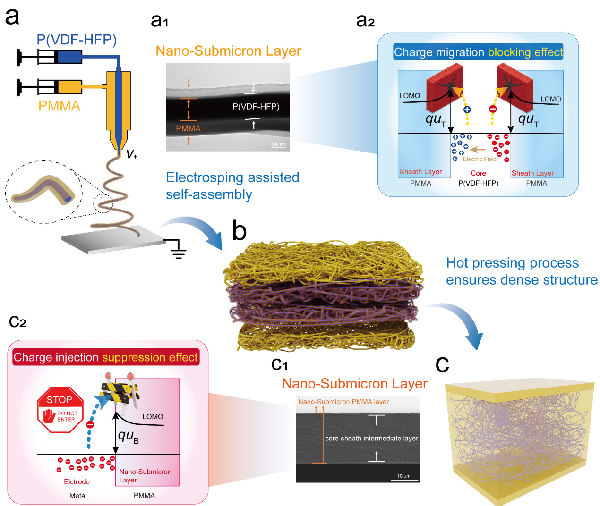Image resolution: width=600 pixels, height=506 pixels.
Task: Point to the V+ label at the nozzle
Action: (131, 154)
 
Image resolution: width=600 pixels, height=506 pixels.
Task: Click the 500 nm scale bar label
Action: (278, 144)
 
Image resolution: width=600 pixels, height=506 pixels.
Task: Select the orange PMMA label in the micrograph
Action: (188, 128)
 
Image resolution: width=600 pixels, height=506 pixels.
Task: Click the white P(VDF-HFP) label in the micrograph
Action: (256, 107)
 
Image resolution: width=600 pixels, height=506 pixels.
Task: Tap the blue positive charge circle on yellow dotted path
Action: (467, 110)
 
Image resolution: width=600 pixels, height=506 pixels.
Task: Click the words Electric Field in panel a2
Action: (480, 159)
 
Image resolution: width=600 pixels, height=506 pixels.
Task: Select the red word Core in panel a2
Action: (478, 173)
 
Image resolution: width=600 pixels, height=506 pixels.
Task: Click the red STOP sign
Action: (60, 409)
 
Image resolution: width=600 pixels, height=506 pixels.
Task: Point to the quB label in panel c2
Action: (128, 436)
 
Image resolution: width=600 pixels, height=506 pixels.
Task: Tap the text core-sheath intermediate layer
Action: (371, 439)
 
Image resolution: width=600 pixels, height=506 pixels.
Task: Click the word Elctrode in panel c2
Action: (77, 481)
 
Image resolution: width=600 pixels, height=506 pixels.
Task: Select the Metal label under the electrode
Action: (78, 496)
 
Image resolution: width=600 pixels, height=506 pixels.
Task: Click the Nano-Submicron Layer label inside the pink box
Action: (145, 476)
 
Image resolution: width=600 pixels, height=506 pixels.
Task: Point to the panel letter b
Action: (240, 231)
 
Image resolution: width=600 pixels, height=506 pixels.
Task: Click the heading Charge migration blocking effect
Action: (478, 52)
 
